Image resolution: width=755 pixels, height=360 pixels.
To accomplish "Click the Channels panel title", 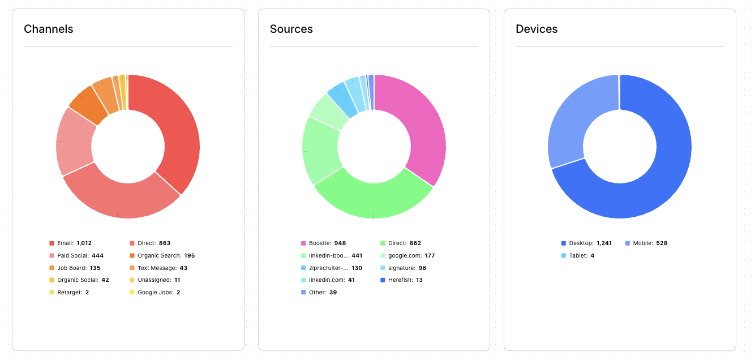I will click(x=49, y=29).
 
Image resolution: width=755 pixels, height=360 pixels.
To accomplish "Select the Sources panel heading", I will click(x=291, y=29).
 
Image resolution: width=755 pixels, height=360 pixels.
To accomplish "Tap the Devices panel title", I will click(x=537, y=29).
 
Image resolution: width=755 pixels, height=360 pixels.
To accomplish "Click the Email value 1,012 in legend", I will click(x=84, y=243).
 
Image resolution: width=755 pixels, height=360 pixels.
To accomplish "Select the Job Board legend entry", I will click(x=71, y=268).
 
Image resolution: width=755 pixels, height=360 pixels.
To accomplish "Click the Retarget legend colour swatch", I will click(x=52, y=293).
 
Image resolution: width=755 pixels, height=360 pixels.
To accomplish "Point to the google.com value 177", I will click(x=430, y=256).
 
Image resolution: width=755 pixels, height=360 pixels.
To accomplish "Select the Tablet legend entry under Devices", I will click(x=577, y=256).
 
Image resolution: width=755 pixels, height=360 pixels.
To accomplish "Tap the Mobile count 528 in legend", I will click(x=662, y=243).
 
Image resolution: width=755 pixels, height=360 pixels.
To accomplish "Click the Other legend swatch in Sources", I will click(x=303, y=293).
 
